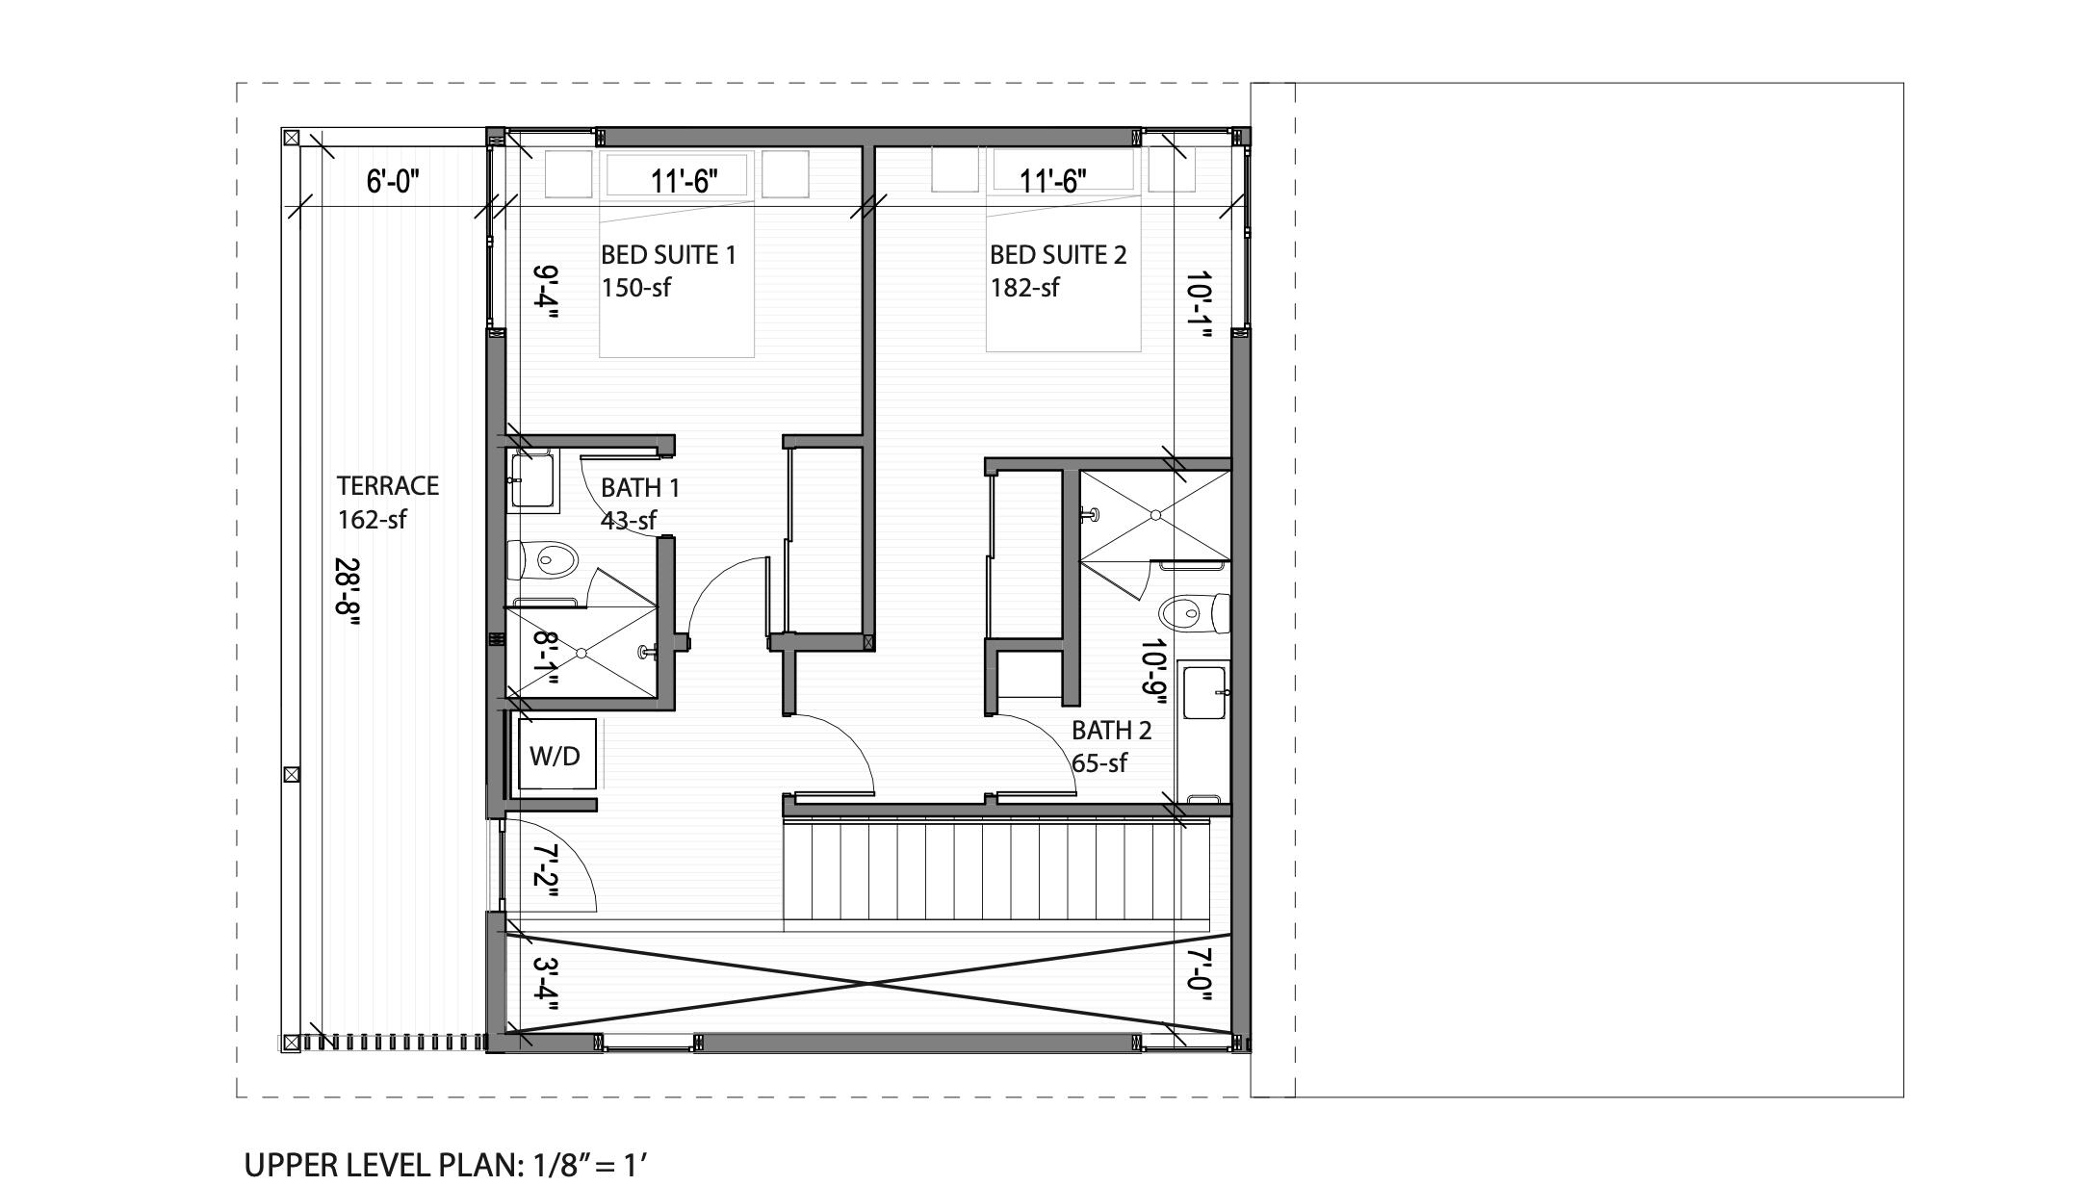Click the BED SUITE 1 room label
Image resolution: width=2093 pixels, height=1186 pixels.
pos(668,255)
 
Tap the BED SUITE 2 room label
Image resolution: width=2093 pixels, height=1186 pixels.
pos(1057,255)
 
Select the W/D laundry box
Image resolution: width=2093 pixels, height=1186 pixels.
pos(556,755)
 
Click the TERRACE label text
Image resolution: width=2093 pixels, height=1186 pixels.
pos(388,486)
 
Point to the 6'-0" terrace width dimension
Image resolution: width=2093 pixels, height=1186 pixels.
pos(393,181)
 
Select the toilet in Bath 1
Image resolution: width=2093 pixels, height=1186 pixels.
pos(548,559)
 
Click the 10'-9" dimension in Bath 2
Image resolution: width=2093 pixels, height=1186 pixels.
pos(1154,671)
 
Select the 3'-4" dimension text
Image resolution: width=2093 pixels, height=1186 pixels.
pos(545,984)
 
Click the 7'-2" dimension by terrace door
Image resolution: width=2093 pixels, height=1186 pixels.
pos(545,871)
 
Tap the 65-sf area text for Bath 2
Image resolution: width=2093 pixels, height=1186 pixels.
pos(1098,763)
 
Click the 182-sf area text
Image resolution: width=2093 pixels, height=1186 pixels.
pos(1024,288)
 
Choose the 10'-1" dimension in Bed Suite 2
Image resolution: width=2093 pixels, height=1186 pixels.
pos(1198,302)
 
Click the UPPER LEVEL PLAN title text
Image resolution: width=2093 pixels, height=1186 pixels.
pos(446,1165)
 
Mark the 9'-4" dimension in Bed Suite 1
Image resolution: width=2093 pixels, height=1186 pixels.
pos(545,293)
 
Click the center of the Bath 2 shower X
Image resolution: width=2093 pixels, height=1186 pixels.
pos(1155,515)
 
